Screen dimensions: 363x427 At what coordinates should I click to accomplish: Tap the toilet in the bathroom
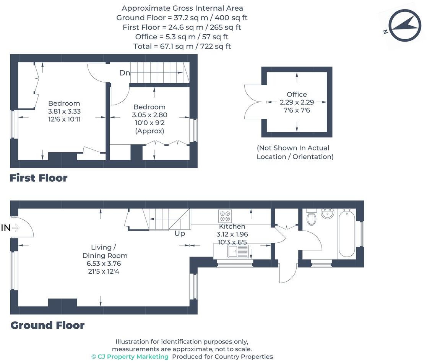(312, 217)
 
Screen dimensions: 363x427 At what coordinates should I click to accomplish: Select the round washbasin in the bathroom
(327, 214)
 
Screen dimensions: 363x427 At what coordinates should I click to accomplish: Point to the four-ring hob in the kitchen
(225, 216)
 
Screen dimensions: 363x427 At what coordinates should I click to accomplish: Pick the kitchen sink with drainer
(238, 251)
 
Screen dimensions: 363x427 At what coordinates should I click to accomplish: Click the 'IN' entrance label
(6, 228)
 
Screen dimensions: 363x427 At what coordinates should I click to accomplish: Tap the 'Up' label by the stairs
(180, 233)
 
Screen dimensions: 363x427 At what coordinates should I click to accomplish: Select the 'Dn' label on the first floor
(125, 73)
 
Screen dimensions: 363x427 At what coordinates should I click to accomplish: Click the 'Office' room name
(297, 94)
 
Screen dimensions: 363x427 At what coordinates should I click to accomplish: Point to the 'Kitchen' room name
(232, 227)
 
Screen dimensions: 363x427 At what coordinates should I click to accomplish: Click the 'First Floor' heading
(39, 178)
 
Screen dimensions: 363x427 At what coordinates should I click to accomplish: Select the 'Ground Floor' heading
(47, 325)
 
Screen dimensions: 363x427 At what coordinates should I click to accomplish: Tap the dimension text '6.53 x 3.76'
(104, 264)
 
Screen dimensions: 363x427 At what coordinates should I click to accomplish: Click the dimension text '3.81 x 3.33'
(64, 111)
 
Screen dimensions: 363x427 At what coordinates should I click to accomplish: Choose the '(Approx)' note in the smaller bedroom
(149, 131)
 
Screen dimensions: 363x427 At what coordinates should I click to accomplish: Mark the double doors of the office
(253, 102)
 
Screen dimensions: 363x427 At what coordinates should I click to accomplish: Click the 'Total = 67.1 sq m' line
(182, 46)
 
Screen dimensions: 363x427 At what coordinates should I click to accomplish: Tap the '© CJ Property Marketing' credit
(130, 357)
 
